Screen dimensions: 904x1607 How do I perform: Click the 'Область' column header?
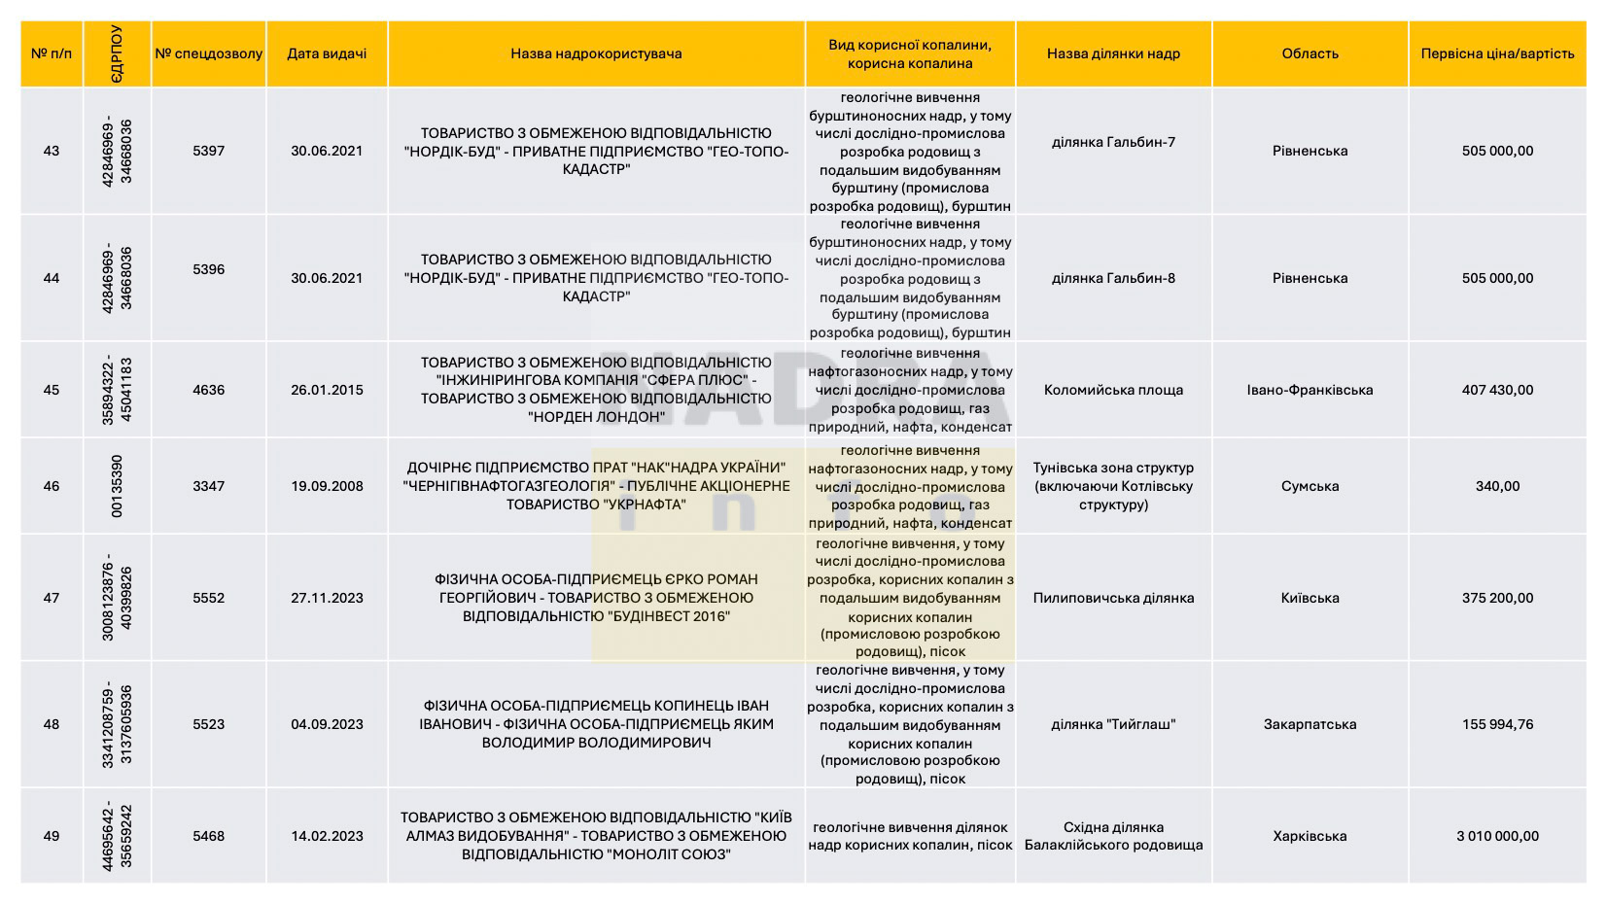point(1310,53)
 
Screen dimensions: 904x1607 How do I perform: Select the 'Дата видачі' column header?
point(327,53)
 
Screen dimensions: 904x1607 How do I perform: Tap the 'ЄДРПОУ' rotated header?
point(117,53)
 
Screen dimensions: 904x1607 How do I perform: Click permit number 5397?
point(208,151)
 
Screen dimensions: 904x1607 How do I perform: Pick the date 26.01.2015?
point(327,390)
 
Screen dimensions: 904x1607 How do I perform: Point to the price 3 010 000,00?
point(1497,836)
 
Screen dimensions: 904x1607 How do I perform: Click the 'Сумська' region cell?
point(1310,486)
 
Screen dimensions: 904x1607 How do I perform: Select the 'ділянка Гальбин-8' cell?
point(1113,278)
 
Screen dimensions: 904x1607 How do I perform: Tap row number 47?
point(52,598)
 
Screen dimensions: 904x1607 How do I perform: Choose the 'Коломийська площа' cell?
point(1113,390)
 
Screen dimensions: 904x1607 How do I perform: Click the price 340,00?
point(1497,486)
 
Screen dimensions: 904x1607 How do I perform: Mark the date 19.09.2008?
point(327,486)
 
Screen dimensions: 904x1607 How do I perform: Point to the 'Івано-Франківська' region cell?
point(1310,390)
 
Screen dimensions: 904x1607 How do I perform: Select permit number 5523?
point(208,724)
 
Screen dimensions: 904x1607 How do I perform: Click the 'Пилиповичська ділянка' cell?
point(1113,598)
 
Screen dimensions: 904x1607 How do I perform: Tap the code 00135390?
point(117,486)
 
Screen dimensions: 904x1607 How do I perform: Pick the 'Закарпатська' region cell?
point(1310,724)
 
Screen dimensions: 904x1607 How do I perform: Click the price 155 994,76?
point(1497,724)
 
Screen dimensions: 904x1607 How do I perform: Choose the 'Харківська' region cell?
point(1310,836)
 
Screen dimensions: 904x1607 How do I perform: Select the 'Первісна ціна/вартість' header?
point(1497,53)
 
